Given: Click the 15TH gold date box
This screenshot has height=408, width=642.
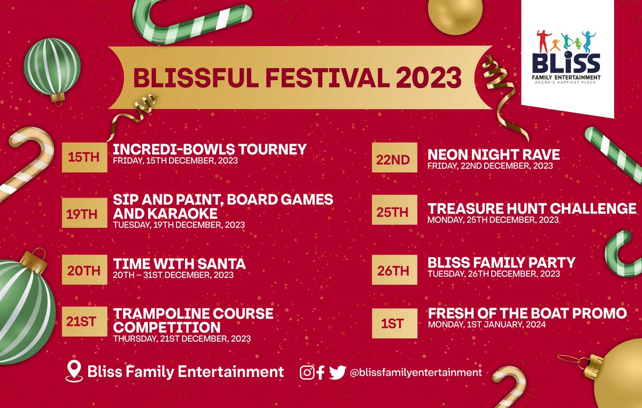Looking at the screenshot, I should coord(84,157).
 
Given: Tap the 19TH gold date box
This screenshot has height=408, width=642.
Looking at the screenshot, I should coord(84,214).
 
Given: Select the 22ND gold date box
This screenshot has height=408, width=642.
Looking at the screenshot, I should coord(394,159).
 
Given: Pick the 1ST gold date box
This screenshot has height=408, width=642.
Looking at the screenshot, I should coord(394,323).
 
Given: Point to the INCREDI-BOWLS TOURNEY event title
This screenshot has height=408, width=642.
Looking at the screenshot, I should coord(210,149).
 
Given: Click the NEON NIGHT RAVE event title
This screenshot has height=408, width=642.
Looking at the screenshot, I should coord(493,155).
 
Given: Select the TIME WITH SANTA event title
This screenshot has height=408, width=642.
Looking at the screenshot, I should coord(179,264).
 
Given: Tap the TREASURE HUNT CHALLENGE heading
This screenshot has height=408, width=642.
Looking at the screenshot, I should coord(532,209).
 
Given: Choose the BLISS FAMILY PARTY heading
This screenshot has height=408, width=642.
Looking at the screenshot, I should coord(501,263).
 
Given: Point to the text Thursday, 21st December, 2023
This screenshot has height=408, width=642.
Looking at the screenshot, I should coord(181,338).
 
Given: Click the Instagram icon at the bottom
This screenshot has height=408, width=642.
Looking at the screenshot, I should coord(307,372).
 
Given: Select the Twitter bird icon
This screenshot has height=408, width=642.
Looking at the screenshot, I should coord(337,372).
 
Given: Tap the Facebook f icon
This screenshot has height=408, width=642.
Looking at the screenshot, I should coord(320,373).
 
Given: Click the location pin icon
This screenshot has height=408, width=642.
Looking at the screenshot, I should coord(73,371).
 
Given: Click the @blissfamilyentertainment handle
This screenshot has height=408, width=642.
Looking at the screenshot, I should coord(416,372).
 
